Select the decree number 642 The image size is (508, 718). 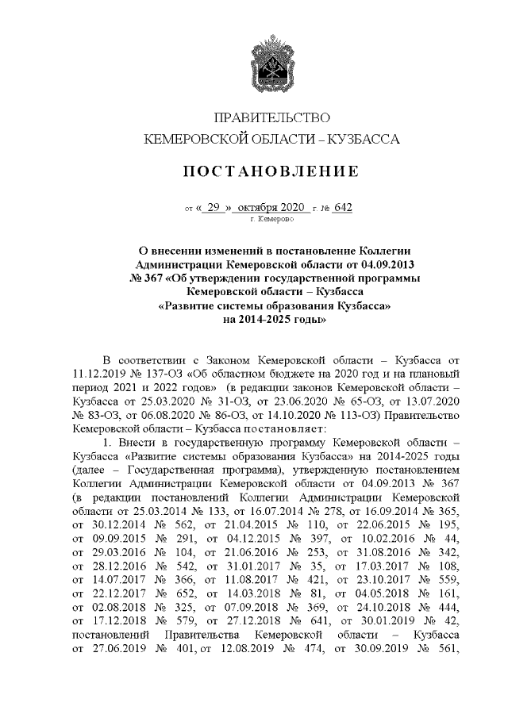(x=343, y=208)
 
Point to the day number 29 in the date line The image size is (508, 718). (x=212, y=208)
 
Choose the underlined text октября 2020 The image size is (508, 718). (x=271, y=208)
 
